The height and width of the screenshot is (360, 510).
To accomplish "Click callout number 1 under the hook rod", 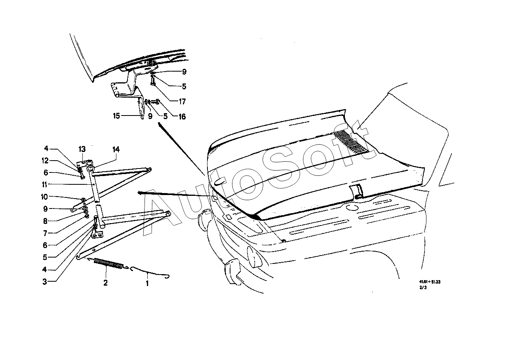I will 147,284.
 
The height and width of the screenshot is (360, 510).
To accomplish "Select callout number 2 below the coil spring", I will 105,283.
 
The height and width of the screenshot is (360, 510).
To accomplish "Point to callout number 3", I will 45,282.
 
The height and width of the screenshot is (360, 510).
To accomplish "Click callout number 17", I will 182,102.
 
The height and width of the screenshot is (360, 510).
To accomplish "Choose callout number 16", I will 182,117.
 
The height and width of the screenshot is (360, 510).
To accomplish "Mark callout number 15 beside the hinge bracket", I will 116,116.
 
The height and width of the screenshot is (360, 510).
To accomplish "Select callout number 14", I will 116,150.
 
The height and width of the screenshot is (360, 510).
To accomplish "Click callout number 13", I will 82,149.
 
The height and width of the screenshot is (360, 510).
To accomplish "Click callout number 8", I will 45,221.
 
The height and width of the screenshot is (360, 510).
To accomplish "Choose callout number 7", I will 45,233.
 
